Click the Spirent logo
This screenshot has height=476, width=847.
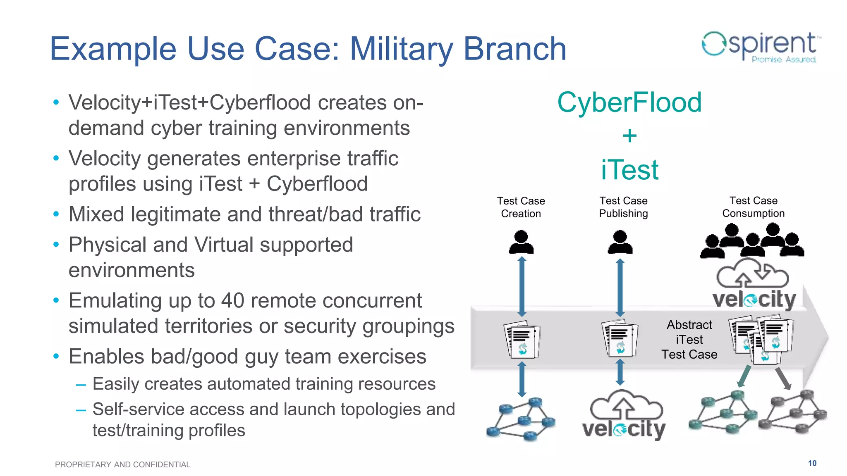(761, 47)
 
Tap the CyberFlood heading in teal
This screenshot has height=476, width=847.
(629, 102)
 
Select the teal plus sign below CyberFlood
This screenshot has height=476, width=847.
(629, 136)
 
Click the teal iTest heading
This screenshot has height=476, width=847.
(629, 170)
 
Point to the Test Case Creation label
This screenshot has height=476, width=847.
(521, 207)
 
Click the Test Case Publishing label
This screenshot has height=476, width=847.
(623, 207)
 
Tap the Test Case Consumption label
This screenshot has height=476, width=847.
(753, 207)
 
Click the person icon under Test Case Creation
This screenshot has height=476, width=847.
(521, 242)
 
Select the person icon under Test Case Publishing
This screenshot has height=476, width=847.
(620, 242)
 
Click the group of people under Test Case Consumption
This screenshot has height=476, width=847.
(752, 241)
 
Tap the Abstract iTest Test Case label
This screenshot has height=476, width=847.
(689, 340)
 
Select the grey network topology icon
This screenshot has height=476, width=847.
(792, 412)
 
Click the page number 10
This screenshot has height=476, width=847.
(812, 463)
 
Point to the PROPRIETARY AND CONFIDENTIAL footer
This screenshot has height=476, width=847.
(122, 464)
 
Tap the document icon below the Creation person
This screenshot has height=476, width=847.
(522, 340)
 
